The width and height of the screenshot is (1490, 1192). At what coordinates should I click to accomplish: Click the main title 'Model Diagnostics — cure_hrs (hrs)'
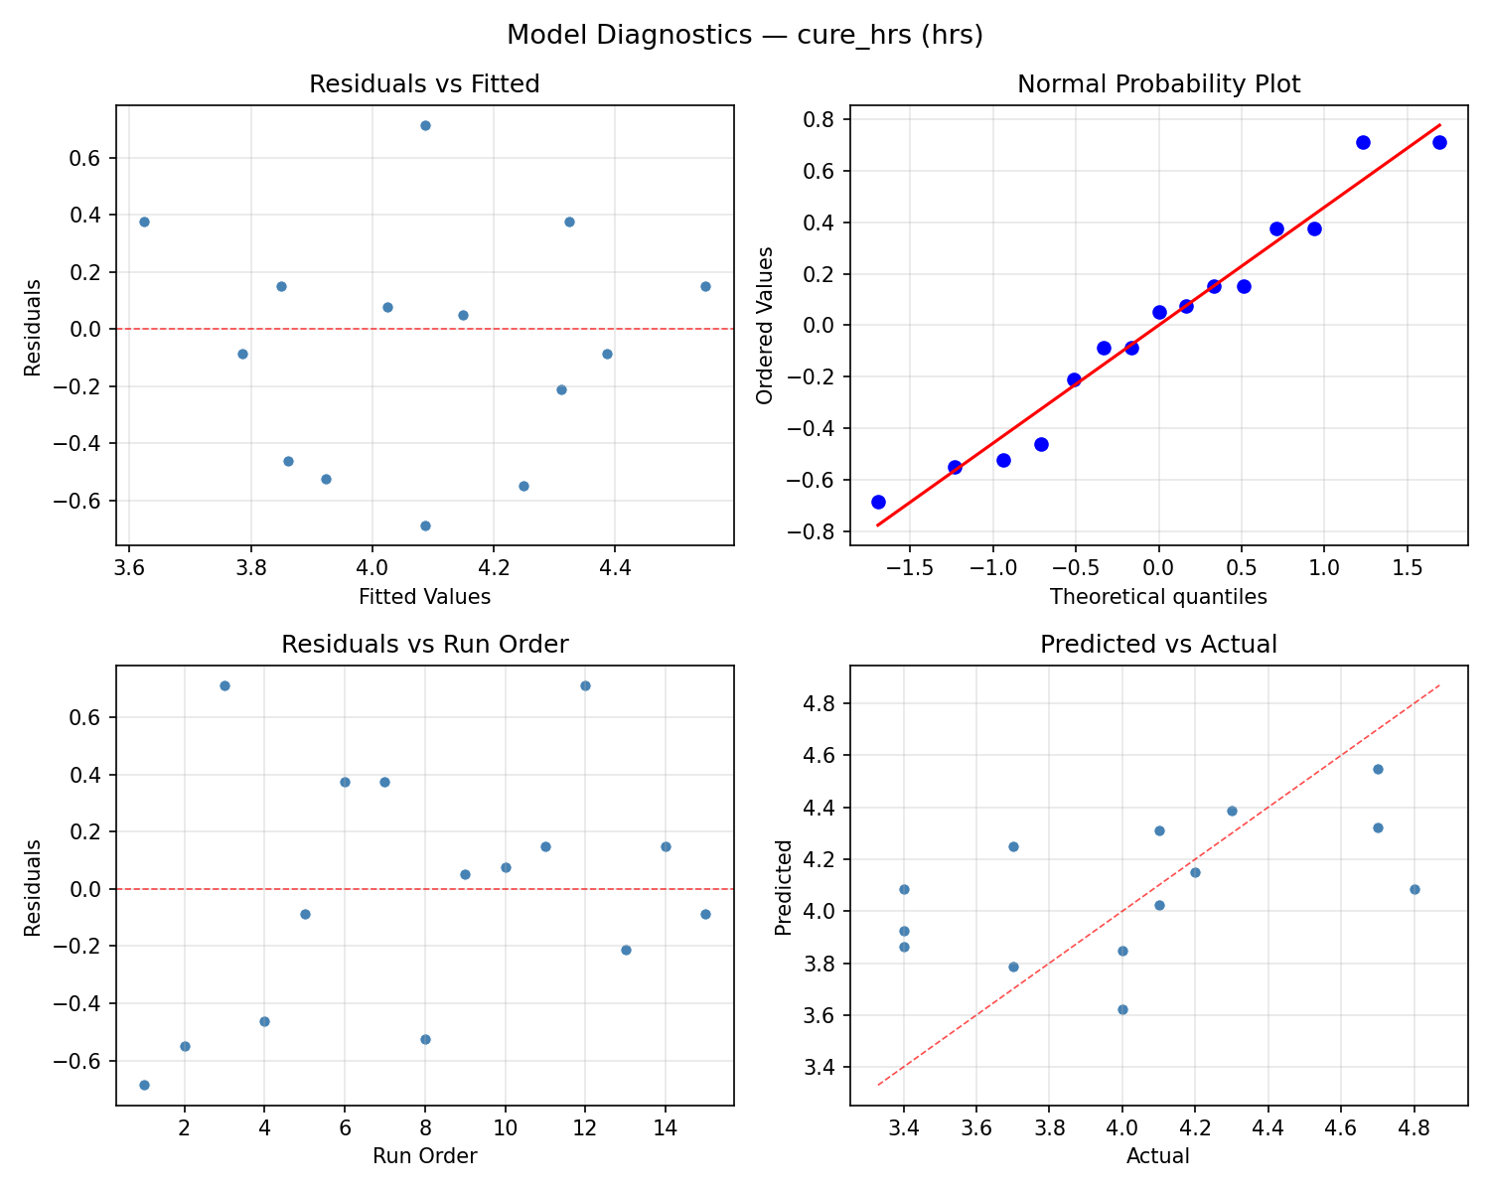coord(744,35)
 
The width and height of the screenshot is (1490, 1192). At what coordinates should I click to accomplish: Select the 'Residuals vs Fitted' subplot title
coord(424,84)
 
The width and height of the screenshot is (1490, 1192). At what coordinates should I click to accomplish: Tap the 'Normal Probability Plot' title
coord(1158,84)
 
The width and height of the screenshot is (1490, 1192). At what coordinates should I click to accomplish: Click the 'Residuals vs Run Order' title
coord(424,645)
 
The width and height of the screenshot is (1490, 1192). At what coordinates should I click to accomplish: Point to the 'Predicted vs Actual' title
coord(1158,645)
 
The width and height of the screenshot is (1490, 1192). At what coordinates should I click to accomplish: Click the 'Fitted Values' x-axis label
coord(424,597)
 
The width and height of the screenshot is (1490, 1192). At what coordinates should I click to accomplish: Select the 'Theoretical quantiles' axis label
coord(1158,597)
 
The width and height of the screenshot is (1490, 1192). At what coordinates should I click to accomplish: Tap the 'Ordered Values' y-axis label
coord(764,325)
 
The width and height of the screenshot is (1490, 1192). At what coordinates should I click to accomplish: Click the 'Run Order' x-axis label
coord(424,1156)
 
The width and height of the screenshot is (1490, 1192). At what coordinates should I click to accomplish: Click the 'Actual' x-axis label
coord(1158,1156)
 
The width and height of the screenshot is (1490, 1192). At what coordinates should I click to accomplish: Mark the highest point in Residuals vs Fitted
coord(425,125)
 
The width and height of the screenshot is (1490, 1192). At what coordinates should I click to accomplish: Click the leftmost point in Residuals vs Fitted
coord(144,222)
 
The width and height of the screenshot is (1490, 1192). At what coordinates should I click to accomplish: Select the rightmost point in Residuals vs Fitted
coord(705,286)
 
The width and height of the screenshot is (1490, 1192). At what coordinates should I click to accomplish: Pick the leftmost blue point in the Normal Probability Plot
coord(878,502)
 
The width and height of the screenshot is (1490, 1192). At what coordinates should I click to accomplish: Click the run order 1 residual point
coord(144,1085)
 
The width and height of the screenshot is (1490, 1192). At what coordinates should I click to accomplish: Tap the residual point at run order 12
coord(585,685)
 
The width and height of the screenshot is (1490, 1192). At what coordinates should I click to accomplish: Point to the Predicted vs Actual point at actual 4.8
coord(1415,889)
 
